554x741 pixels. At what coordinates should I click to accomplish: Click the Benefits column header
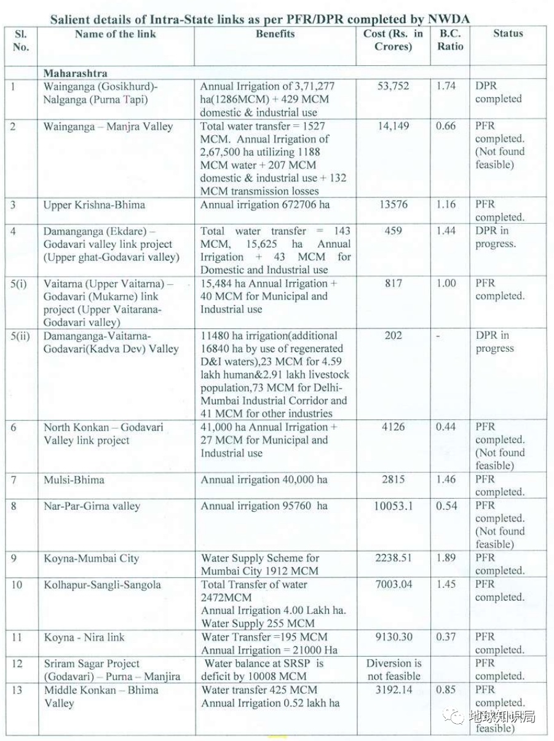click(275, 34)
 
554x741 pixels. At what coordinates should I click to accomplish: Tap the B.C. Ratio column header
click(450, 40)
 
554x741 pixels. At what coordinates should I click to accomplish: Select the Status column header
click(508, 34)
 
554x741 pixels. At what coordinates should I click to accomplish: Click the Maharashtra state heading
click(75, 73)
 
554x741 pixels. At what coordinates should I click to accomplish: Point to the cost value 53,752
click(393, 86)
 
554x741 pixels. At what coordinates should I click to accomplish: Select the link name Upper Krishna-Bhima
click(94, 205)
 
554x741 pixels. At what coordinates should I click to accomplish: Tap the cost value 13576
click(393, 205)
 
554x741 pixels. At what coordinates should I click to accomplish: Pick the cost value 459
click(393, 231)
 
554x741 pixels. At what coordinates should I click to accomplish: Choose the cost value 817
click(393, 283)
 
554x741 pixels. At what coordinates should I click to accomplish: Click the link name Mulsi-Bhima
click(74, 480)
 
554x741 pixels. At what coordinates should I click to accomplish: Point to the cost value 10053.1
click(394, 506)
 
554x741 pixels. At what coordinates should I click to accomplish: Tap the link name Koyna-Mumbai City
click(91, 558)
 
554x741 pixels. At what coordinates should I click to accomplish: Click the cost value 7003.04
click(394, 584)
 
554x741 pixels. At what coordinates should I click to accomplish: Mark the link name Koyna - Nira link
click(84, 637)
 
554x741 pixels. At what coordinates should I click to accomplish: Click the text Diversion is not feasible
click(394, 670)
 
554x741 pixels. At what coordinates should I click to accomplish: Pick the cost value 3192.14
click(394, 690)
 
